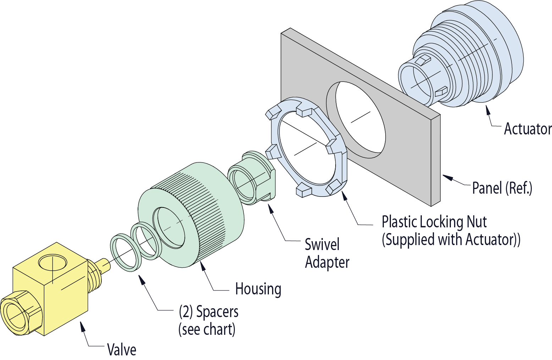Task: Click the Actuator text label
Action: (x=528, y=129)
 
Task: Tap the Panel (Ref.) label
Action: (x=502, y=188)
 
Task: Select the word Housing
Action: (x=258, y=289)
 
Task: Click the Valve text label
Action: (x=121, y=349)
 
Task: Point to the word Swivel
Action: (x=322, y=244)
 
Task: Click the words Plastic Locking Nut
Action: (x=434, y=222)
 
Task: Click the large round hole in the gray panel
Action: (x=356, y=120)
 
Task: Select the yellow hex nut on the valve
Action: (x=21, y=312)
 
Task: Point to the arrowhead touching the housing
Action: (x=203, y=266)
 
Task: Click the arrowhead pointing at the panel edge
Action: (x=448, y=178)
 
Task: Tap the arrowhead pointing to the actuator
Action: (x=488, y=110)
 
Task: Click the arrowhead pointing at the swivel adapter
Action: (x=271, y=208)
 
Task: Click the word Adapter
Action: (x=327, y=262)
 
